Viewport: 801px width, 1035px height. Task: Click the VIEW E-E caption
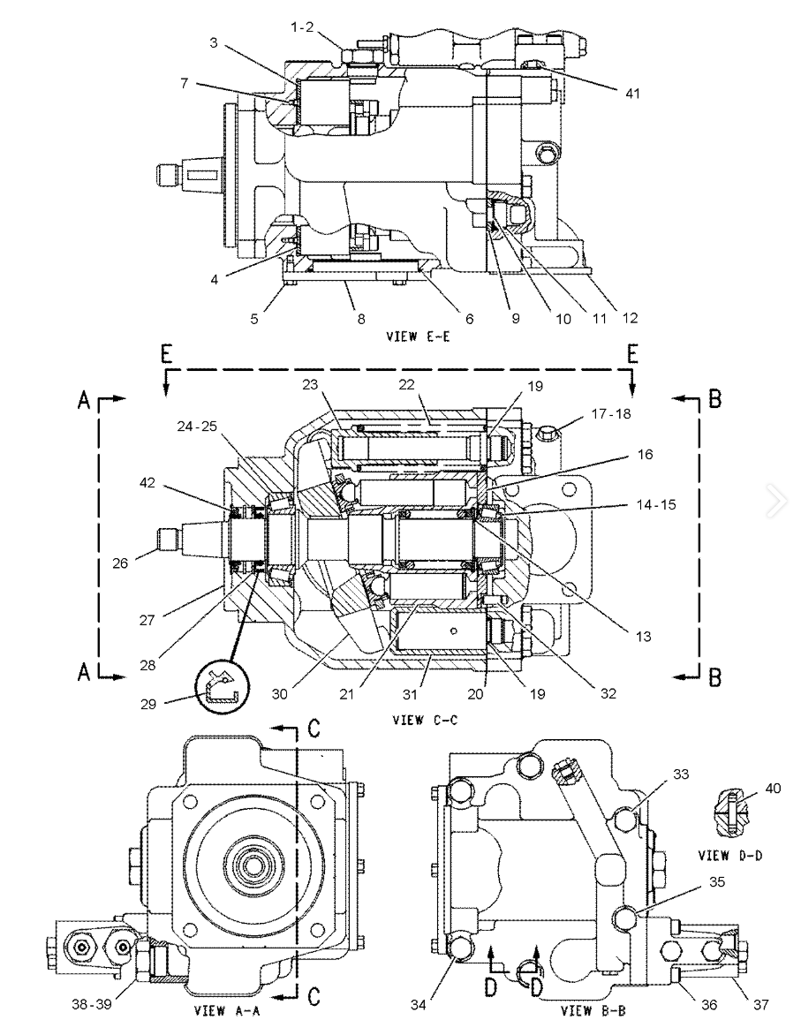pyautogui.click(x=418, y=336)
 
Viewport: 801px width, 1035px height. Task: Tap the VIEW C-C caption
pyautogui.click(x=425, y=720)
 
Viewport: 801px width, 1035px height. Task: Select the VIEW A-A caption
pyautogui.click(x=226, y=1010)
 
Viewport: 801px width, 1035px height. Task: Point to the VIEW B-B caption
pyautogui.click(x=593, y=1010)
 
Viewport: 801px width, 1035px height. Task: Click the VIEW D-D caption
pyautogui.click(x=730, y=856)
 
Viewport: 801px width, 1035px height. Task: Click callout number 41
pyautogui.click(x=632, y=94)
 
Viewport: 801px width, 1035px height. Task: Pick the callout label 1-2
pyautogui.click(x=302, y=27)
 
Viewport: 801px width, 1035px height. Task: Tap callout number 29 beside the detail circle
pyautogui.click(x=147, y=704)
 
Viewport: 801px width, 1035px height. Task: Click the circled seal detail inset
pyautogui.click(x=223, y=689)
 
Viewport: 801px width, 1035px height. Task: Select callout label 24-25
pyautogui.click(x=198, y=427)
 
